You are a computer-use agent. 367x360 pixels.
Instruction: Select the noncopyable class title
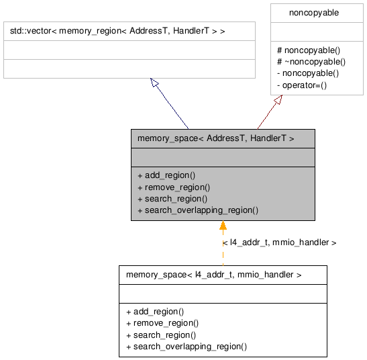coord(313,12)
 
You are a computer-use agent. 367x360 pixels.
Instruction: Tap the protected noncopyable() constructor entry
coord(309,50)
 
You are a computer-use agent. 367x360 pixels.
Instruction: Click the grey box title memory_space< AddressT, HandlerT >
coord(215,138)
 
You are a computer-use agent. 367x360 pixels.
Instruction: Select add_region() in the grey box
coord(166,175)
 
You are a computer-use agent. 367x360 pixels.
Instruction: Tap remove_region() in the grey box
coord(173,187)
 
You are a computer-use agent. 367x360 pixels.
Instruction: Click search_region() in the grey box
coord(172,199)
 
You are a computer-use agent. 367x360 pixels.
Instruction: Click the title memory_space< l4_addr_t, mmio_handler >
coord(213,275)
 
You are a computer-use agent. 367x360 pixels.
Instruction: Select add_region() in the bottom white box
coord(154,312)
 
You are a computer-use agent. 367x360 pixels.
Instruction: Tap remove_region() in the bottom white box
coord(162,323)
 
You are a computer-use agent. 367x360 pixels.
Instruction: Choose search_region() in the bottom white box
coord(160,335)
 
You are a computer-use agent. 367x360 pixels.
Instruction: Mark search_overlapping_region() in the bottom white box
coord(186,347)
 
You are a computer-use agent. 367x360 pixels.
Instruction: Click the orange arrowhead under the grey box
coord(223,226)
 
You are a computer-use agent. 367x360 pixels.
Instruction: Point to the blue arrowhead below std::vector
coord(154,83)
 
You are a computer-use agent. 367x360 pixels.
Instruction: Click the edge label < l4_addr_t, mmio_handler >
coord(278,242)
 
